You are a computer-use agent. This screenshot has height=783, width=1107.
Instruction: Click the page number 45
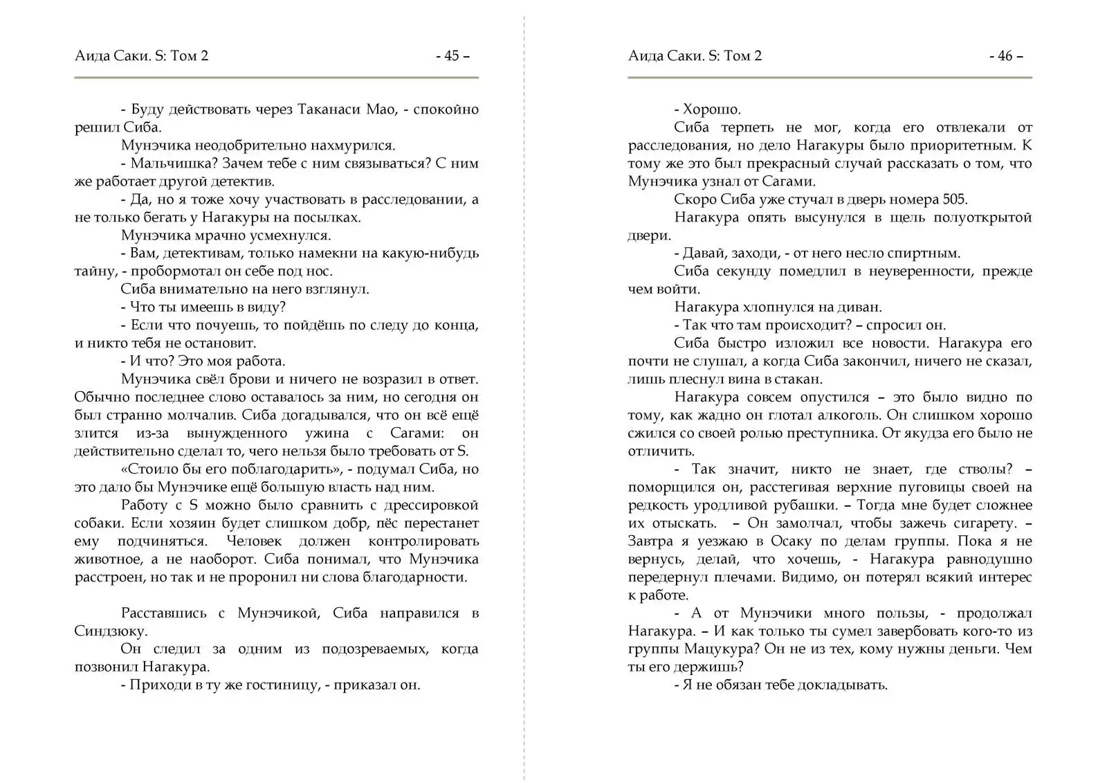[452, 56]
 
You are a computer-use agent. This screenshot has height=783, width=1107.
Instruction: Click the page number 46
[1005, 56]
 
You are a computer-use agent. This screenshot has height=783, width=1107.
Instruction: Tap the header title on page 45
[141, 56]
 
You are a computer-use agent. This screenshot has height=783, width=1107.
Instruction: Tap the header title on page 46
[695, 56]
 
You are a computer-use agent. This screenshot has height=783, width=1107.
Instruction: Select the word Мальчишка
[163, 163]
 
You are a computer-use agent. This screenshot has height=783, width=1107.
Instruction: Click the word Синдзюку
[109, 631]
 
